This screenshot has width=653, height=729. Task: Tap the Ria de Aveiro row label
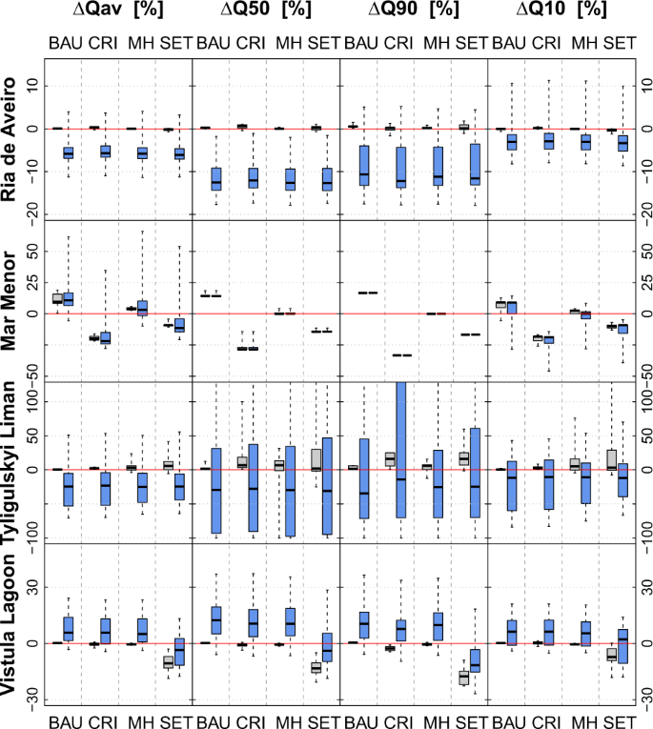pyautogui.click(x=14, y=140)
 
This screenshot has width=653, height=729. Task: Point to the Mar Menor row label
pyautogui.click(x=14, y=301)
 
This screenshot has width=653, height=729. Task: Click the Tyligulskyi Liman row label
pyautogui.click(x=14, y=461)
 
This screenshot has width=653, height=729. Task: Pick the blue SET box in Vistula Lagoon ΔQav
pyautogui.click(x=179, y=651)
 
